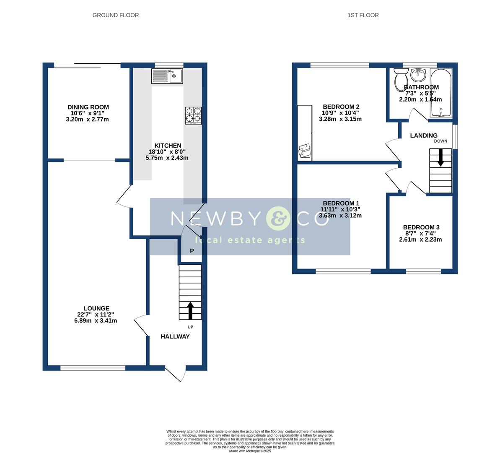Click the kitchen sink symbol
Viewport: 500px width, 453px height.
point(167,76)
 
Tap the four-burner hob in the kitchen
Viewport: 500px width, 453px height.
point(193,115)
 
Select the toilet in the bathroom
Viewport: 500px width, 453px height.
point(401,80)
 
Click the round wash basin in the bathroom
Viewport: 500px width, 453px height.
point(417,75)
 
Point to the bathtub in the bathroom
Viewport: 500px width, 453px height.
point(440,93)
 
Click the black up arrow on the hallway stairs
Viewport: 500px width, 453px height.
point(190,310)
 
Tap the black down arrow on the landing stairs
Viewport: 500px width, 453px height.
point(440,158)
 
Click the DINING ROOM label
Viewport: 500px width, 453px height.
point(88,107)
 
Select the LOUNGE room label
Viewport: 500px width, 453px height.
point(96,308)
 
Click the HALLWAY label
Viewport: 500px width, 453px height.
point(175,336)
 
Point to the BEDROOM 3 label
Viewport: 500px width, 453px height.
point(420,227)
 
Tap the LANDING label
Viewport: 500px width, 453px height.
point(423,135)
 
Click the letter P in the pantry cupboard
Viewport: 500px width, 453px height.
point(192,251)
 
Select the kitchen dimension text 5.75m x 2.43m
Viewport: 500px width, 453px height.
point(167,158)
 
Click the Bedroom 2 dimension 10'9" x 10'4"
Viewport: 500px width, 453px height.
point(340,113)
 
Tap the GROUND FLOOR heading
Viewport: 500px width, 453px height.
point(116,15)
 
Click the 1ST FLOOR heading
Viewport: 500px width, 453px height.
point(363,15)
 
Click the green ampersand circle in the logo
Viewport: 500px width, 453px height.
point(278,219)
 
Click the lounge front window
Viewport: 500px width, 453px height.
point(93,368)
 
